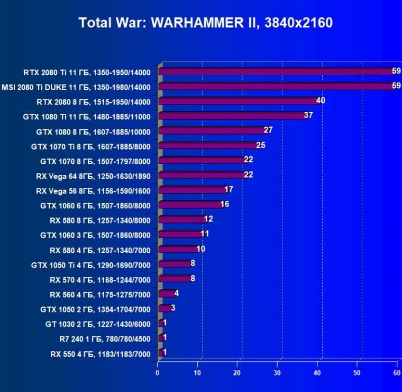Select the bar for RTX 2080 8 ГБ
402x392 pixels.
click(x=237, y=101)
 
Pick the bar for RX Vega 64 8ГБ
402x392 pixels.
click(x=202, y=175)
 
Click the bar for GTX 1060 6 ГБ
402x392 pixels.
click(x=190, y=205)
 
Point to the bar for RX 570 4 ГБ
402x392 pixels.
click(x=174, y=279)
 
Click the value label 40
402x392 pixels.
click(x=320, y=101)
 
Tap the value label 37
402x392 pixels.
click(x=308, y=115)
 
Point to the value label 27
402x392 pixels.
click(x=268, y=130)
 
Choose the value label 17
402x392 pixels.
click(x=229, y=190)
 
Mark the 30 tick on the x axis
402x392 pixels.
click(x=278, y=373)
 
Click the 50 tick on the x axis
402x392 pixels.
click(x=358, y=373)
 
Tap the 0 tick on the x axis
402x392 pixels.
click(x=158, y=373)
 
